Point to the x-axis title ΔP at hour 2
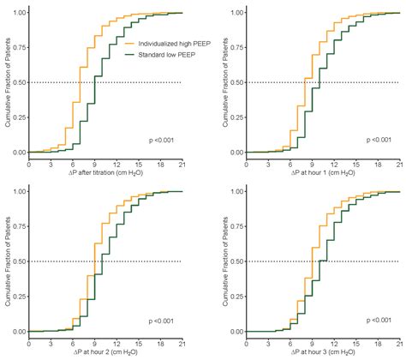point(105,350)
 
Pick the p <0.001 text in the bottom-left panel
point(163,318)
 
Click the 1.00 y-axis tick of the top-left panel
point(17,13)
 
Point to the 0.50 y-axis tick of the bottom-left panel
point(17,261)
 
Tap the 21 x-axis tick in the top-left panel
point(182,160)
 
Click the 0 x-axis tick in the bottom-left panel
point(29,339)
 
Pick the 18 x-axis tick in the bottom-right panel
point(378,339)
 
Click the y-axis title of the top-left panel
point(7,81)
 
